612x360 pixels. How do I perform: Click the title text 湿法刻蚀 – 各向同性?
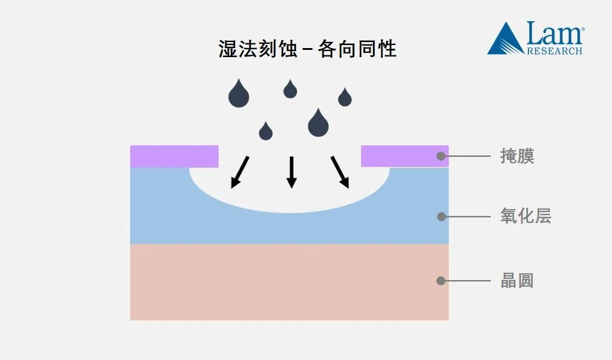[307, 49]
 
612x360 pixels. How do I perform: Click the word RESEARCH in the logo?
[554, 51]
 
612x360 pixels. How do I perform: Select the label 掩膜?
[517, 156]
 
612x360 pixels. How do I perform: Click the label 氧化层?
[526, 216]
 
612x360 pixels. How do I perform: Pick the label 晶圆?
[517, 281]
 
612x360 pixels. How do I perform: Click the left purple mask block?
[174, 156]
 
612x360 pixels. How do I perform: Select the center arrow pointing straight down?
[291, 172]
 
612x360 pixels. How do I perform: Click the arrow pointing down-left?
[241, 172]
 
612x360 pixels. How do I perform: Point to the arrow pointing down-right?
[340, 172]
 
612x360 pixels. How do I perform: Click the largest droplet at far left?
[238, 95]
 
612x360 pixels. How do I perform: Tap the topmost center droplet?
[290, 90]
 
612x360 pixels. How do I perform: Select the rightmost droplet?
[345, 98]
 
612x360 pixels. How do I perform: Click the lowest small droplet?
[265, 132]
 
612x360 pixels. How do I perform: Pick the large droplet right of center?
[318, 124]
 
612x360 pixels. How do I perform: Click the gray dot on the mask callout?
[441, 156]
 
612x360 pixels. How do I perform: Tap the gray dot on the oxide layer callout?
[441, 216]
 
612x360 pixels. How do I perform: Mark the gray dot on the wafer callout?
[441, 281]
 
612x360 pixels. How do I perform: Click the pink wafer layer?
[288, 282]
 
